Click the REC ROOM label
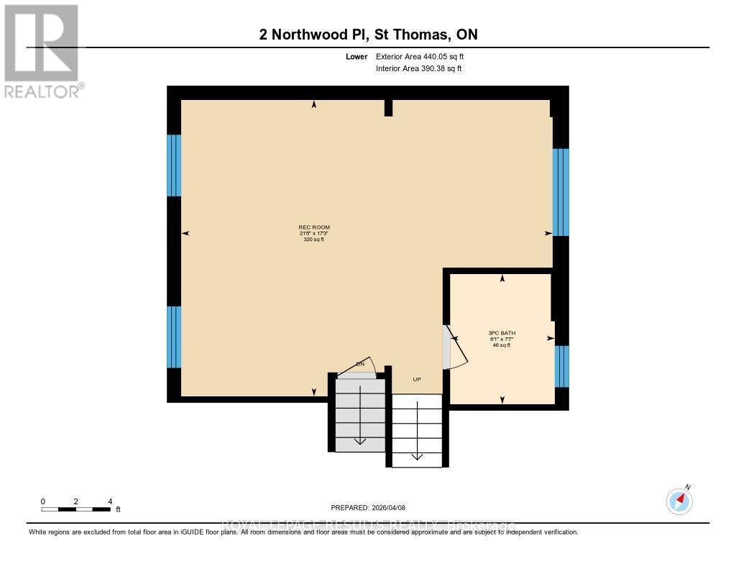point(313,227)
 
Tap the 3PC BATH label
point(502,333)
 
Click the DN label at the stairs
point(361,365)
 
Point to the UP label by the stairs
point(416,379)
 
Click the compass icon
point(679,500)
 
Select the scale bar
point(75,509)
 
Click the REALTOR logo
point(42,50)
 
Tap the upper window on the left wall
point(173,165)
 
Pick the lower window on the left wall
point(173,337)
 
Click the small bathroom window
point(562,366)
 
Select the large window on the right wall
point(561,192)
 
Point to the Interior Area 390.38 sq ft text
point(418,69)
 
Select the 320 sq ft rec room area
point(313,240)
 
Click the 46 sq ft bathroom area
point(502,345)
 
